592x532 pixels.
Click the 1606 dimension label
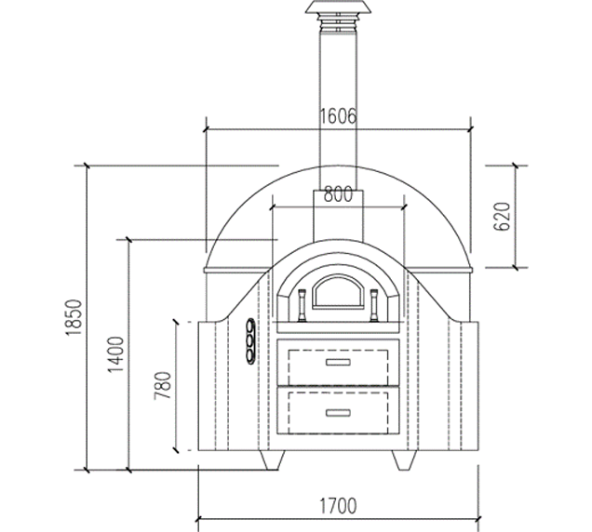[x=338, y=116]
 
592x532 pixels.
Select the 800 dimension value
[x=338, y=194]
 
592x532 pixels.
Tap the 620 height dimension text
[x=502, y=217]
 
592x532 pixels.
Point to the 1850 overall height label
[x=74, y=318]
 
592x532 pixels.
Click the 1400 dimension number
[x=115, y=354]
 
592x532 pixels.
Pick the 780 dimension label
[x=163, y=386]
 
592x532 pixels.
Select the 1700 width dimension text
[x=338, y=506]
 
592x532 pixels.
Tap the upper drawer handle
[x=338, y=362]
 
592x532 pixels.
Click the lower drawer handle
[x=338, y=413]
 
